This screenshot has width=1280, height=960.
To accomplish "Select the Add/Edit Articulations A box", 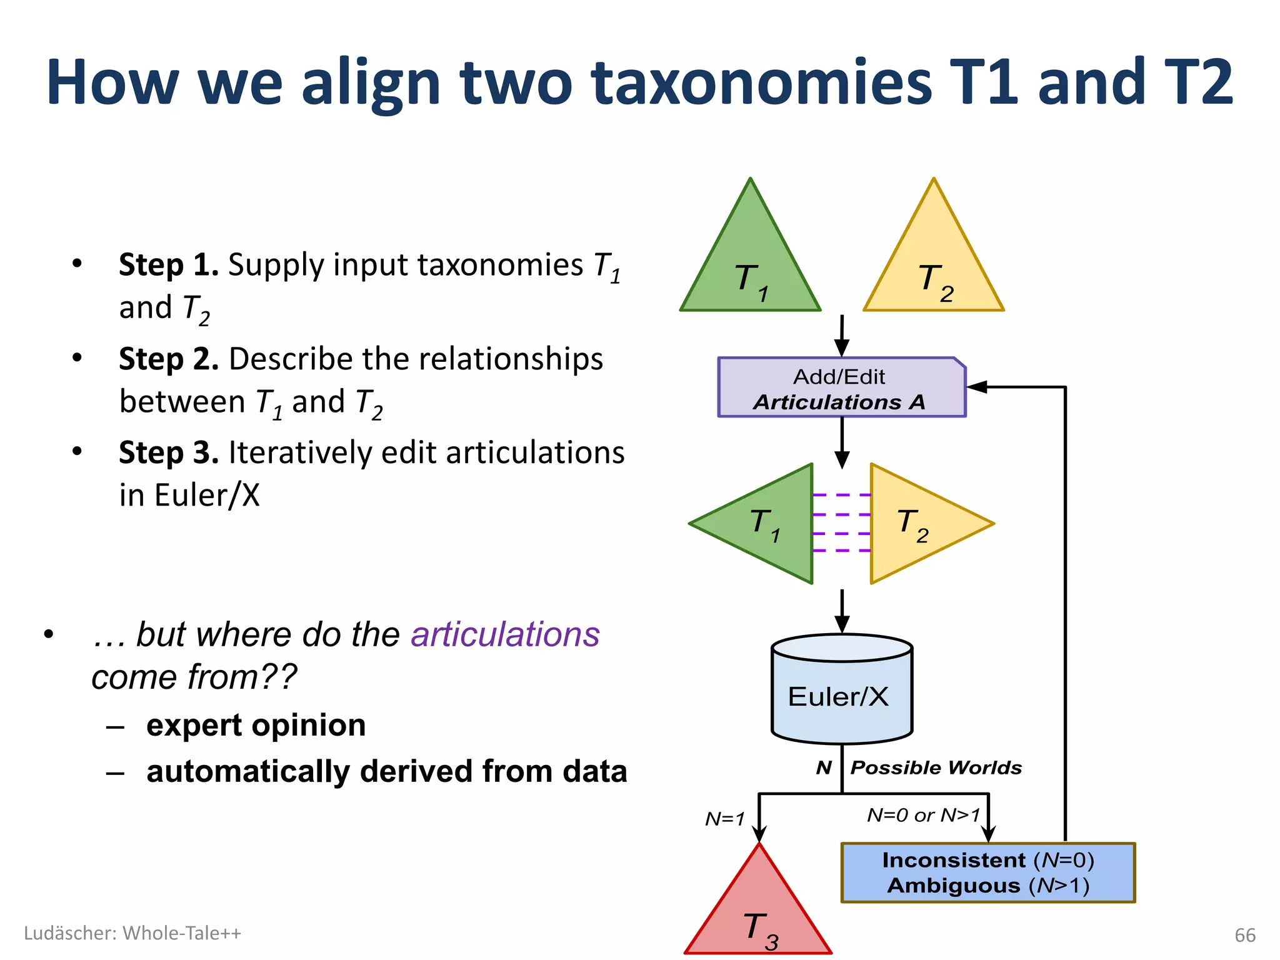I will (841, 388).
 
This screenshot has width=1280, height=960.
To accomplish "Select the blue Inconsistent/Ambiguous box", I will (987, 873).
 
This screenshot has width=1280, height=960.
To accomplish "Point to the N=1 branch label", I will (725, 819).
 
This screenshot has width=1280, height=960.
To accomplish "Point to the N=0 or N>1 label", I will (924, 815).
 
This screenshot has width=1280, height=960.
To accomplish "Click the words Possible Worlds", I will (936, 767).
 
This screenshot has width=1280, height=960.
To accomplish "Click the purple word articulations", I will (505, 635).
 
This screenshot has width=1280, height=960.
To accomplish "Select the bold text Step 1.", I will (169, 265).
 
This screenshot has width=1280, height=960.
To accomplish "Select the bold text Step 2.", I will (169, 359).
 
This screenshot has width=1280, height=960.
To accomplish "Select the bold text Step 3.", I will (169, 453).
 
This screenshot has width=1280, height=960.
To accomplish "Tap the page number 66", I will (1245, 935).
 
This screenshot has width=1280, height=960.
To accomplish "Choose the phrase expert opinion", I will (256, 726).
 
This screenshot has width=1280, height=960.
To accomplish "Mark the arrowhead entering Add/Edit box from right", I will (976, 387).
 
